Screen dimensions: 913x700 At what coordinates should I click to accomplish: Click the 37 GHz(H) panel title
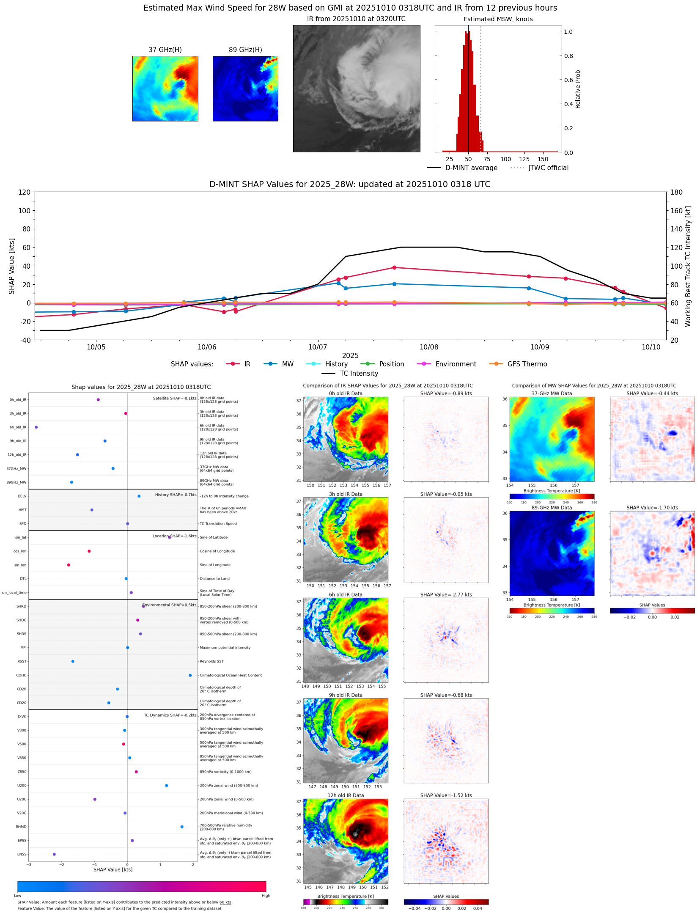(165, 50)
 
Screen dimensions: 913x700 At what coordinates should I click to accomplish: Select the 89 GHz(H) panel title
(245, 50)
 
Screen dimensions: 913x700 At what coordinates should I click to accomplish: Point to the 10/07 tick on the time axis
(318, 347)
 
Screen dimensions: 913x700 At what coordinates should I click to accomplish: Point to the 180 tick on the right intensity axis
(676, 192)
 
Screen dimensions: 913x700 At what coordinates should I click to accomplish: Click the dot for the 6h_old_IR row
(36, 427)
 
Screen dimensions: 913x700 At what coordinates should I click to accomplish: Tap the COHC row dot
(190, 675)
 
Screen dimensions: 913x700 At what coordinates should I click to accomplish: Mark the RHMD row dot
(182, 827)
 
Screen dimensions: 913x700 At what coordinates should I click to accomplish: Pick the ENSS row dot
(54, 854)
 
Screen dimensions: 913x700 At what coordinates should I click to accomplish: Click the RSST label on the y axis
(22, 661)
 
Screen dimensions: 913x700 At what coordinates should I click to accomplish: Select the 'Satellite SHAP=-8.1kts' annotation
(174, 398)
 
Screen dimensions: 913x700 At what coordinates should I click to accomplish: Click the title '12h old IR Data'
(346, 795)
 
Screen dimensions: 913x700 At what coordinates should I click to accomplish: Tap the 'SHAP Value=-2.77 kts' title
(446, 594)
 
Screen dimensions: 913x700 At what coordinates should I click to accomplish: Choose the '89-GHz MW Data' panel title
(552, 508)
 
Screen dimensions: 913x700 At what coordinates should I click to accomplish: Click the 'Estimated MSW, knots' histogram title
(498, 19)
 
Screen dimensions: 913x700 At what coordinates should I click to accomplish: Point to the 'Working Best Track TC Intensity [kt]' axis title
(688, 266)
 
